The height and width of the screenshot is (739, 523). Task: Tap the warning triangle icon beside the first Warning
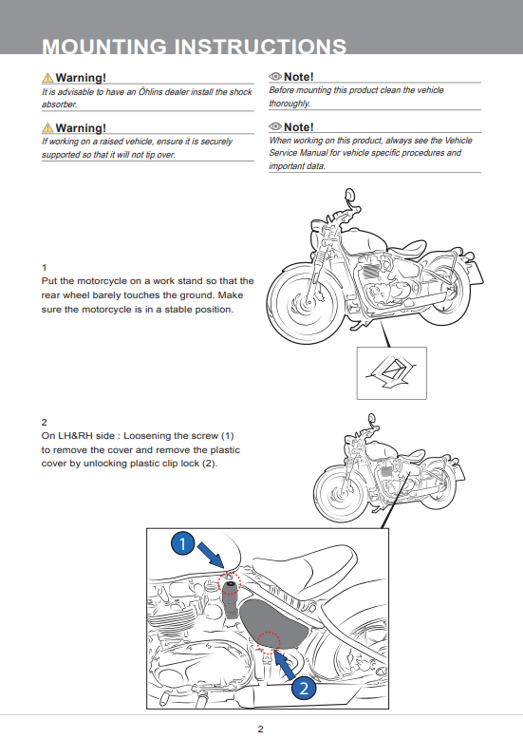point(47,77)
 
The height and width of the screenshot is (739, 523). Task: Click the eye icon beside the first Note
point(275,76)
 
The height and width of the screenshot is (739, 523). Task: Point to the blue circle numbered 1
point(183,543)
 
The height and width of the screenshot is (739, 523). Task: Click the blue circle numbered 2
point(304,688)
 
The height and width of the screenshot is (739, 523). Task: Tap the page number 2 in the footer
point(261,729)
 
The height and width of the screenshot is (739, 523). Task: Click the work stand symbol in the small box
point(391,372)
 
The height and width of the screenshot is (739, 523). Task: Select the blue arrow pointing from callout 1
point(211,555)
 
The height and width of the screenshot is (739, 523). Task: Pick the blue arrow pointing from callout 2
point(285,664)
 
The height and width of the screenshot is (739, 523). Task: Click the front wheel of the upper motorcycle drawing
point(306,303)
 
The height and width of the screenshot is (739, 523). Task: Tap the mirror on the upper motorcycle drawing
point(349,195)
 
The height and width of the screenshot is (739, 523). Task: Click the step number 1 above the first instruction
point(45,268)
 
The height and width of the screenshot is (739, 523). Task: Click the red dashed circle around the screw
point(230,584)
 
